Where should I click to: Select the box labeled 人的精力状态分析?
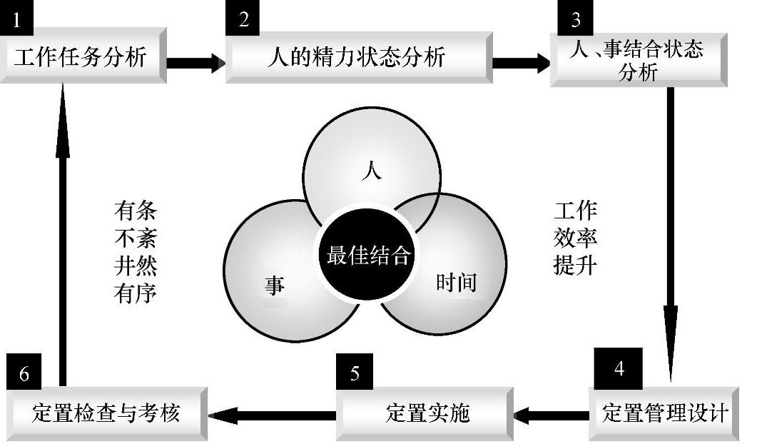coord(357,56)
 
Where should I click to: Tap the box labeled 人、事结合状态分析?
coord(639,61)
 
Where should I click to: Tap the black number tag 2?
coord(244,19)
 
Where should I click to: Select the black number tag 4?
coord(619,368)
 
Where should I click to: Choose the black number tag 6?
coord(24,373)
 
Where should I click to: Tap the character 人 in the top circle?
coord(372,172)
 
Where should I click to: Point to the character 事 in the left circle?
coord(275,286)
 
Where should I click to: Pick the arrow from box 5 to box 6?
coord(272,413)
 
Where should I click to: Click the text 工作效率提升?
coord(575,238)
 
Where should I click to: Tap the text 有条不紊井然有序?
coord(136,252)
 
